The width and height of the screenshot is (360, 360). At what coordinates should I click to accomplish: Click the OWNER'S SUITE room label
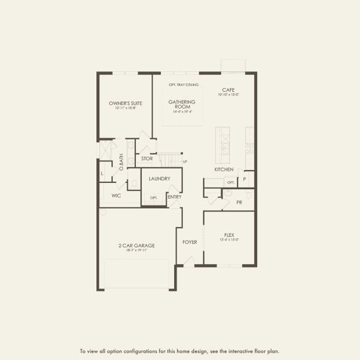click(x=125, y=104)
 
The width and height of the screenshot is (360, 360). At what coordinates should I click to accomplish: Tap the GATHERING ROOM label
click(x=182, y=104)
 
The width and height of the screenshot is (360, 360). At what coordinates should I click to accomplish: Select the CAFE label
click(x=228, y=89)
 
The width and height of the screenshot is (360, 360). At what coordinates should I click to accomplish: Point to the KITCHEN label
click(x=224, y=170)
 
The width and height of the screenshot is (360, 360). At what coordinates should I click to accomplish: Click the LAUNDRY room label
click(x=160, y=178)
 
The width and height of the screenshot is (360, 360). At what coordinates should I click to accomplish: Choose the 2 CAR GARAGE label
click(x=137, y=245)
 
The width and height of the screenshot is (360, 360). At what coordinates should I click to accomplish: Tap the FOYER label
click(x=190, y=242)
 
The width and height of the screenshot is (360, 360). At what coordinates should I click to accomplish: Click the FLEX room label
click(x=229, y=235)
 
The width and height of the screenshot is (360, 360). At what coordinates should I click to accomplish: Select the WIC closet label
click(x=116, y=196)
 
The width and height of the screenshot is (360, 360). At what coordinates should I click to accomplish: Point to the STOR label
click(x=147, y=159)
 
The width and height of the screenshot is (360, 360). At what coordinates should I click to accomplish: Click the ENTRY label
click(x=175, y=197)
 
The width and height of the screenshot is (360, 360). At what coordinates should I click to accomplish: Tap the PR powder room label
click(x=239, y=202)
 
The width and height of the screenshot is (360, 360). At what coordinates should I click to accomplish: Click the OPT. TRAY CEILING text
click(x=184, y=85)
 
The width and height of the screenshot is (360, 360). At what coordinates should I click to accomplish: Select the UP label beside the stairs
click(x=185, y=161)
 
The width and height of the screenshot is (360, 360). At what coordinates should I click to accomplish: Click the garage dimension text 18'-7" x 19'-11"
click(x=137, y=250)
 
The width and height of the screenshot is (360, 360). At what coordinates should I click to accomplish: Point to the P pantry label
click(x=245, y=179)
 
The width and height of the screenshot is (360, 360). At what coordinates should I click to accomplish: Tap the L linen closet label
click(x=103, y=174)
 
